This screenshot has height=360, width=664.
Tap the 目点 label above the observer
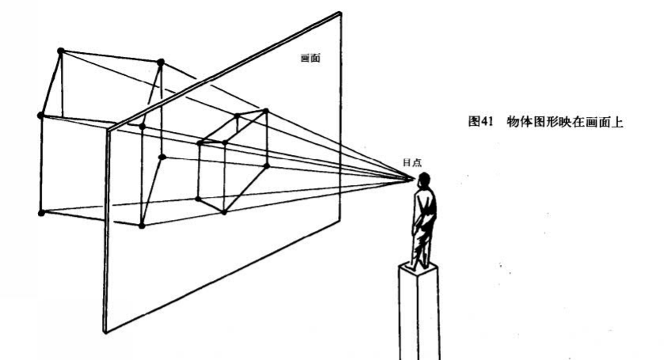(412, 162)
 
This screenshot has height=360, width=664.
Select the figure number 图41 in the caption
(482, 122)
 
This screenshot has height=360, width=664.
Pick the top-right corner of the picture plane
(341, 13)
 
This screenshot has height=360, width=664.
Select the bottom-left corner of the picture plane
(104, 332)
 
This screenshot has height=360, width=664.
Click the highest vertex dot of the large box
(60, 51)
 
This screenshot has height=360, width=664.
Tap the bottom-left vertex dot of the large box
(41, 212)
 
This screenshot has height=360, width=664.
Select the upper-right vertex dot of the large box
(161, 62)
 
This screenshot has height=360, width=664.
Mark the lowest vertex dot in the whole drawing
(142, 225)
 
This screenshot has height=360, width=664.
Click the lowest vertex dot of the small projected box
(224, 211)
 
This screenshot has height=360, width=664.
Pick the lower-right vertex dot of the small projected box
(267, 165)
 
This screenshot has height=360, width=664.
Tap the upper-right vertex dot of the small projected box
(266, 112)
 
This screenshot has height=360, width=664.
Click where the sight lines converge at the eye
(412, 178)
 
